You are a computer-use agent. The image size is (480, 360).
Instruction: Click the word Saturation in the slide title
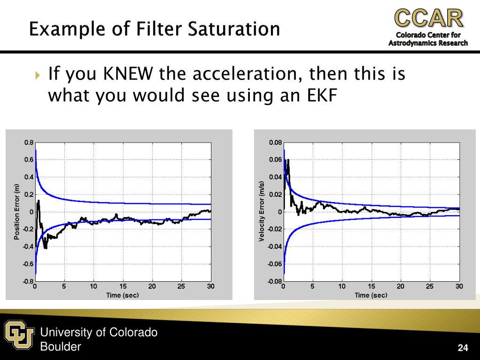click(x=234, y=29)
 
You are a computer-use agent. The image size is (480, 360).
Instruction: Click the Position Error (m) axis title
click(x=17, y=211)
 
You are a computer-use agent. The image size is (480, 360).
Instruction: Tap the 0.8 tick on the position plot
click(x=29, y=142)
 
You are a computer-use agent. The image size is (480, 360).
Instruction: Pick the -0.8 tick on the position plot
click(x=28, y=281)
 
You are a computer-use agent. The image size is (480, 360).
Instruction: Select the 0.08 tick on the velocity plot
click(x=276, y=142)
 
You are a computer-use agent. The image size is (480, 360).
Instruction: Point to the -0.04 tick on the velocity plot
click(x=275, y=247)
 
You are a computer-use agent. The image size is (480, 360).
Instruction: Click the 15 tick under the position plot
click(x=123, y=286)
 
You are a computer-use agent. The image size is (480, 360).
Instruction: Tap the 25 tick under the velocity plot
click(x=430, y=286)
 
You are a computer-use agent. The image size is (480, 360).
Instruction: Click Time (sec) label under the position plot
click(x=123, y=295)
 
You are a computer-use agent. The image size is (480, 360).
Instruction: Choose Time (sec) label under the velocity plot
click(x=371, y=295)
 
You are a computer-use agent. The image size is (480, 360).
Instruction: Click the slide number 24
click(x=463, y=347)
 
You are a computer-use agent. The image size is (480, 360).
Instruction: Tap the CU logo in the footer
click(x=19, y=334)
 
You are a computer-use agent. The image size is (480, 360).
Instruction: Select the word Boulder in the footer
click(x=60, y=347)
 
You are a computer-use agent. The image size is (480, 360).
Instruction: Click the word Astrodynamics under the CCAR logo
click(x=412, y=43)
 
